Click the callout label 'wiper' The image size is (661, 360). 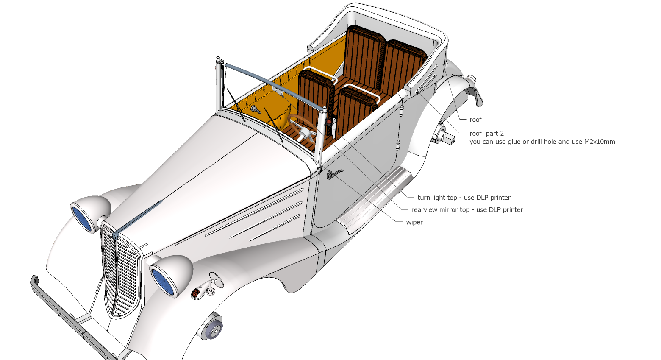coord(414,222)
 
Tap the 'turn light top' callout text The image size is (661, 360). coord(437,198)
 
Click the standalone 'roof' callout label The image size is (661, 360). coord(475,120)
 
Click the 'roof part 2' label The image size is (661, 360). coord(486,134)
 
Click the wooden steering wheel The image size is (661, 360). coord(302,128)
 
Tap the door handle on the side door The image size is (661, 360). coord(335,174)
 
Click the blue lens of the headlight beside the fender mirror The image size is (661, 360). coord(163,282)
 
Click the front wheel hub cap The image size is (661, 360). coord(213,327)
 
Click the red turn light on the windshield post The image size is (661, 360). coord(329,121)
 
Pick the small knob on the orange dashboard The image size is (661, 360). coord(256,109)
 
